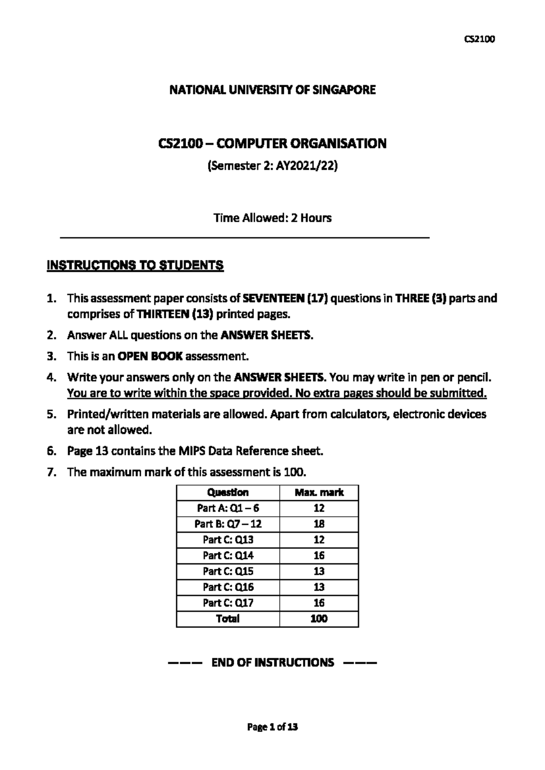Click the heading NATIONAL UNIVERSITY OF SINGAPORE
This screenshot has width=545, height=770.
click(x=272, y=90)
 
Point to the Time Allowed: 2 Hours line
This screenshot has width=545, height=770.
click(x=272, y=218)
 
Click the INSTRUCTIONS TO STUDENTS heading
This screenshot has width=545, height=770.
click(x=135, y=265)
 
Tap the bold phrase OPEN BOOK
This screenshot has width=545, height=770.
click(x=150, y=356)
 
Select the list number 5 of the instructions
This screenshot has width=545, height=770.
click(x=51, y=414)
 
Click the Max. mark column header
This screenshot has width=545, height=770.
click(x=319, y=493)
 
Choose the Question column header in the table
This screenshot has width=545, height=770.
click(x=228, y=493)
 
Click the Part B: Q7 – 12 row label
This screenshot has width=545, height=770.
click(x=228, y=524)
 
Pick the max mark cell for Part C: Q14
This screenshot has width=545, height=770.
click(x=319, y=555)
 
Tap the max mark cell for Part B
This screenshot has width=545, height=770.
click(x=319, y=524)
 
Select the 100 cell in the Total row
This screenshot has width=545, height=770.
click(x=319, y=618)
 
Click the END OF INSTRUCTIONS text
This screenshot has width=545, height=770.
click(x=272, y=662)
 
